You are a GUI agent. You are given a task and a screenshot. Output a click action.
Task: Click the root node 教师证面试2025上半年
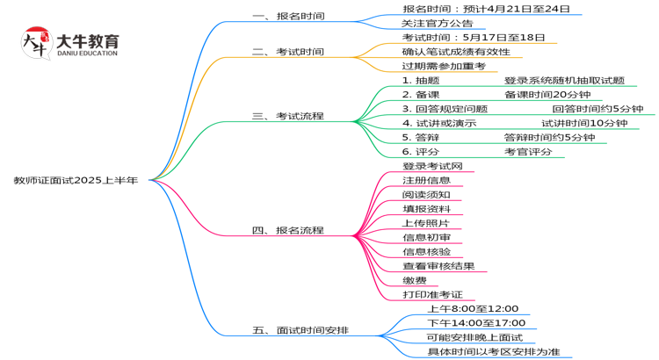(75, 180)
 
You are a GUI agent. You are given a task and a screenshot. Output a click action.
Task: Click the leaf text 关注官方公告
(437, 23)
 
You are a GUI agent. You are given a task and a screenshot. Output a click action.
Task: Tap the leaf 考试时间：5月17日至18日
(473, 38)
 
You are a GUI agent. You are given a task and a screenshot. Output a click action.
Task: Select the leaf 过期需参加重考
(443, 66)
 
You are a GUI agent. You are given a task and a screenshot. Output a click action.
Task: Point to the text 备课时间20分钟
(547, 94)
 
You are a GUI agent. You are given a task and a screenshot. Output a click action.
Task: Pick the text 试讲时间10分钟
(584, 123)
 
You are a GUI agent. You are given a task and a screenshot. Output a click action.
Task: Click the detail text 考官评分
(528, 151)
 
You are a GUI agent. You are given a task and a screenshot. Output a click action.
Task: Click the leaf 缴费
(415, 280)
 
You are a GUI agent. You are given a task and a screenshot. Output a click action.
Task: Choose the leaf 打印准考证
(432, 294)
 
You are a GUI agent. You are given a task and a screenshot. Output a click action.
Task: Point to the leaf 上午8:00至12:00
(473, 309)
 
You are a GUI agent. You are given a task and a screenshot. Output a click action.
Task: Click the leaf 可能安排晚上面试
(474, 337)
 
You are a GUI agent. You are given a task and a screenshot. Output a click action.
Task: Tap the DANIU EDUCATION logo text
(86, 54)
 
